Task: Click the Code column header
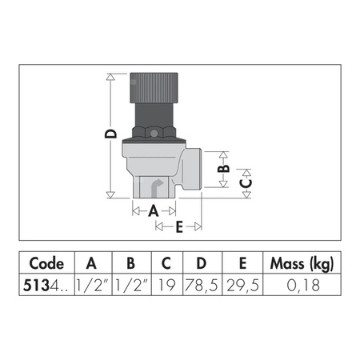pyautogui.click(x=46, y=263)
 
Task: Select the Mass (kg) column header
pyautogui.click(x=301, y=263)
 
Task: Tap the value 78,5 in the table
pyautogui.click(x=202, y=283)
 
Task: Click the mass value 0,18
pyautogui.click(x=301, y=283)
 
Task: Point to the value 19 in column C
pyautogui.click(x=166, y=283)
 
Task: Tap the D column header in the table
pyautogui.click(x=202, y=263)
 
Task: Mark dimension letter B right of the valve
pyautogui.click(x=225, y=167)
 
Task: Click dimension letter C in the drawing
pyautogui.click(x=246, y=183)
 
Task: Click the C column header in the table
pyautogui.click(x=166, y=263)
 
